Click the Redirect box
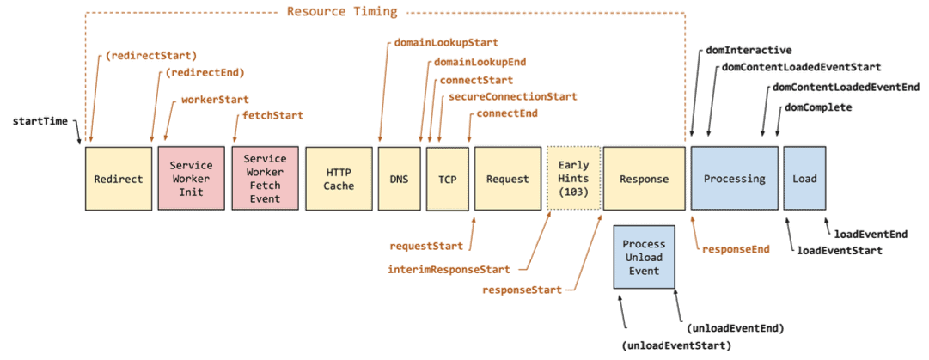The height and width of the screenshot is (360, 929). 118,178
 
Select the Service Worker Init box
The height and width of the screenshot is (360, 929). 190,178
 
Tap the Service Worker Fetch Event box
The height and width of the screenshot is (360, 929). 265,178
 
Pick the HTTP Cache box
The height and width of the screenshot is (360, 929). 339,178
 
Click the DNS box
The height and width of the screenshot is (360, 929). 399,178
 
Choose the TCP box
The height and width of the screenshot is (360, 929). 447,178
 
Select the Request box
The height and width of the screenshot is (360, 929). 506,178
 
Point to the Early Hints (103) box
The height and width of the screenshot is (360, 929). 571,178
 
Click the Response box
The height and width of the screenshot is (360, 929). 644,178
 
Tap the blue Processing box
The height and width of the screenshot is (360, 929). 734,178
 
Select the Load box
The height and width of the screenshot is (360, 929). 804,178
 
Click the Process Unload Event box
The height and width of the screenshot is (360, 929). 644,258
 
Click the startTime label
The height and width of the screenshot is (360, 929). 40,121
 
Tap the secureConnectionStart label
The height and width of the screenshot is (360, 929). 512,96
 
